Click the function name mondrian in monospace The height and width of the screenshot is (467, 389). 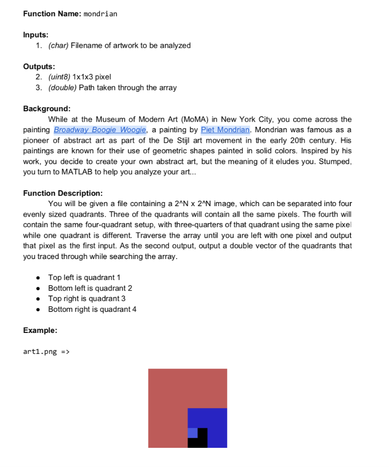point(101,14)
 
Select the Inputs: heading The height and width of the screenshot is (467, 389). point(36,35)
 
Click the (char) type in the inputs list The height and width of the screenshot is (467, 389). point(58,46)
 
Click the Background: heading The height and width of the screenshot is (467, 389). point(47,109)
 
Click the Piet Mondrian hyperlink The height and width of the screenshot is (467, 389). point(225,130)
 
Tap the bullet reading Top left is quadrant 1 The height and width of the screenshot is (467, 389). point(84,278)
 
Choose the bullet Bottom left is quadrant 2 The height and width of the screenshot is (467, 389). point(90,288)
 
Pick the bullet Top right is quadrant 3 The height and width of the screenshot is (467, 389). point(87,299)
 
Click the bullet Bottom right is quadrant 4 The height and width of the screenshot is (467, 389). point(92,309)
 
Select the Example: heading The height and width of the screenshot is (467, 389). point(40,330)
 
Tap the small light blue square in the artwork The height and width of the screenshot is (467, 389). point(192,433)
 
